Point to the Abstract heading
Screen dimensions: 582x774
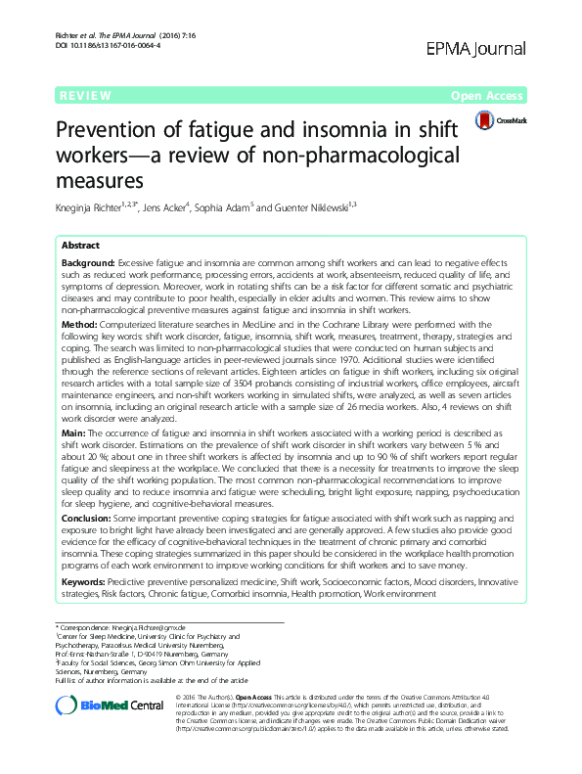[x=82, y=247]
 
